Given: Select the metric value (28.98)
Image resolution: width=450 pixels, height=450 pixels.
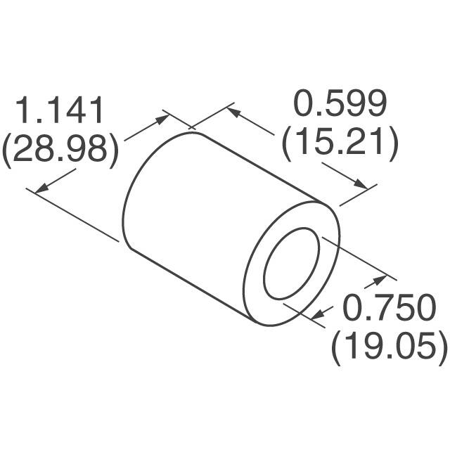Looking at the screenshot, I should [60, 150].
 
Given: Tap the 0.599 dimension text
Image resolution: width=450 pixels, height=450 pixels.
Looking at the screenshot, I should [340, 105].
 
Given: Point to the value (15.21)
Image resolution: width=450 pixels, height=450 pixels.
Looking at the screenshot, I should [340, 143].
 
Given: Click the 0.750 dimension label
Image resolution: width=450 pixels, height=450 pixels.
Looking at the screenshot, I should [389, 309].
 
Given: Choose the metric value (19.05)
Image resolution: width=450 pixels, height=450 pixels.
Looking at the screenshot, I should [389, 347].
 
